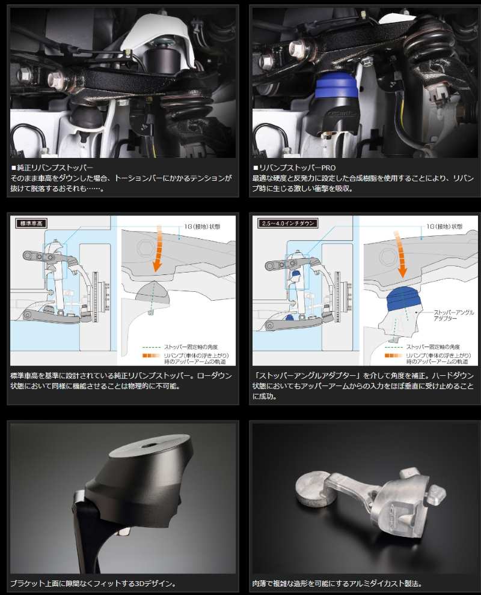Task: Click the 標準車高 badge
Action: coord(30,223)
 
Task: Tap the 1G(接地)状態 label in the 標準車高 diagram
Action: coord(202,226)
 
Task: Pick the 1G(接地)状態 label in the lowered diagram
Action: coord(443,226)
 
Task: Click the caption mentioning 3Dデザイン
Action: coord(93,583)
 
